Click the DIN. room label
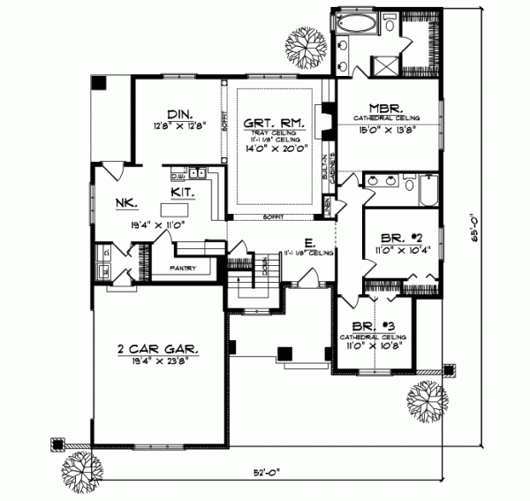point(178,113)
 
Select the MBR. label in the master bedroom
point(388,107)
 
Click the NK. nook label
point(123,202)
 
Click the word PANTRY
point(180,267)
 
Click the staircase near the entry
point(243,286)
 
